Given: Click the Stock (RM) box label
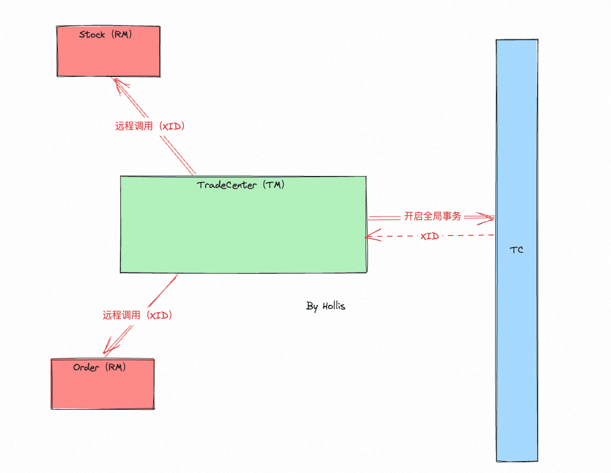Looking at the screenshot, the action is pyautogui.click(x=106, y=35).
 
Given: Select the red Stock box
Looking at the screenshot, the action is pyautogui.click(x=108, y=51).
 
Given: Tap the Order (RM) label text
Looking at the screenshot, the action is pyautogui.click(x=100, y=367).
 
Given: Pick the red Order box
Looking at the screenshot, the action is pyautogui.click(x=103, y=384).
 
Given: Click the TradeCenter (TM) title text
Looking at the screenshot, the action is pyautogui.click(x=240, y=185).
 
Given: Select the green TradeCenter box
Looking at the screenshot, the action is pyautogui.click(x=243, y=224).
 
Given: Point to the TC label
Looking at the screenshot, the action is pyautogui.click(x=516, y=250).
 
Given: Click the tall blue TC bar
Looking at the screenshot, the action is pyautogui.click(x=517, y=251).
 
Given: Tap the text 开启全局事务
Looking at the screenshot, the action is pyautogui.click(x=433, y=216).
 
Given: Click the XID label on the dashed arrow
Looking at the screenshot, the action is pyautogui.click(x=429, y=236).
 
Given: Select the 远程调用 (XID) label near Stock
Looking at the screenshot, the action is pyautogui.click(x=150, y=126).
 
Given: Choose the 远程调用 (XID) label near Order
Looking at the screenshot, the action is pyautogui.click(x=137, y=315).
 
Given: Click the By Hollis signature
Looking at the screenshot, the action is pyautogui.click(x=325, y=306).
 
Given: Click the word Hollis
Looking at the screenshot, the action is pyautogui.click(x=334, y=306).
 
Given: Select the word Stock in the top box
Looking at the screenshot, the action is pyautogui.click(x=92, y=35).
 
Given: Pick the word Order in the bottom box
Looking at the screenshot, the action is pyautogui.click(x=86, y=367).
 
